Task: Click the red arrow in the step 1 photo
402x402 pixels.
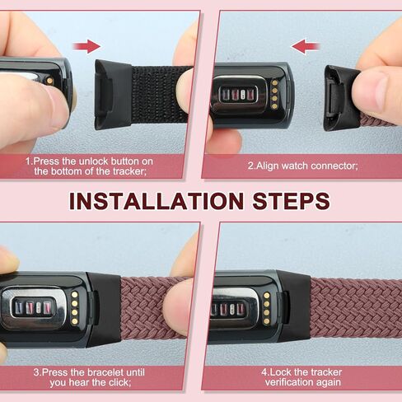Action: click(x=86, y=46)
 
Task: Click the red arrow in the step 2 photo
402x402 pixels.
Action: click(x=305, y=46)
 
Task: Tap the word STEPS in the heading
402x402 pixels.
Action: click(x=288, y=201)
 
